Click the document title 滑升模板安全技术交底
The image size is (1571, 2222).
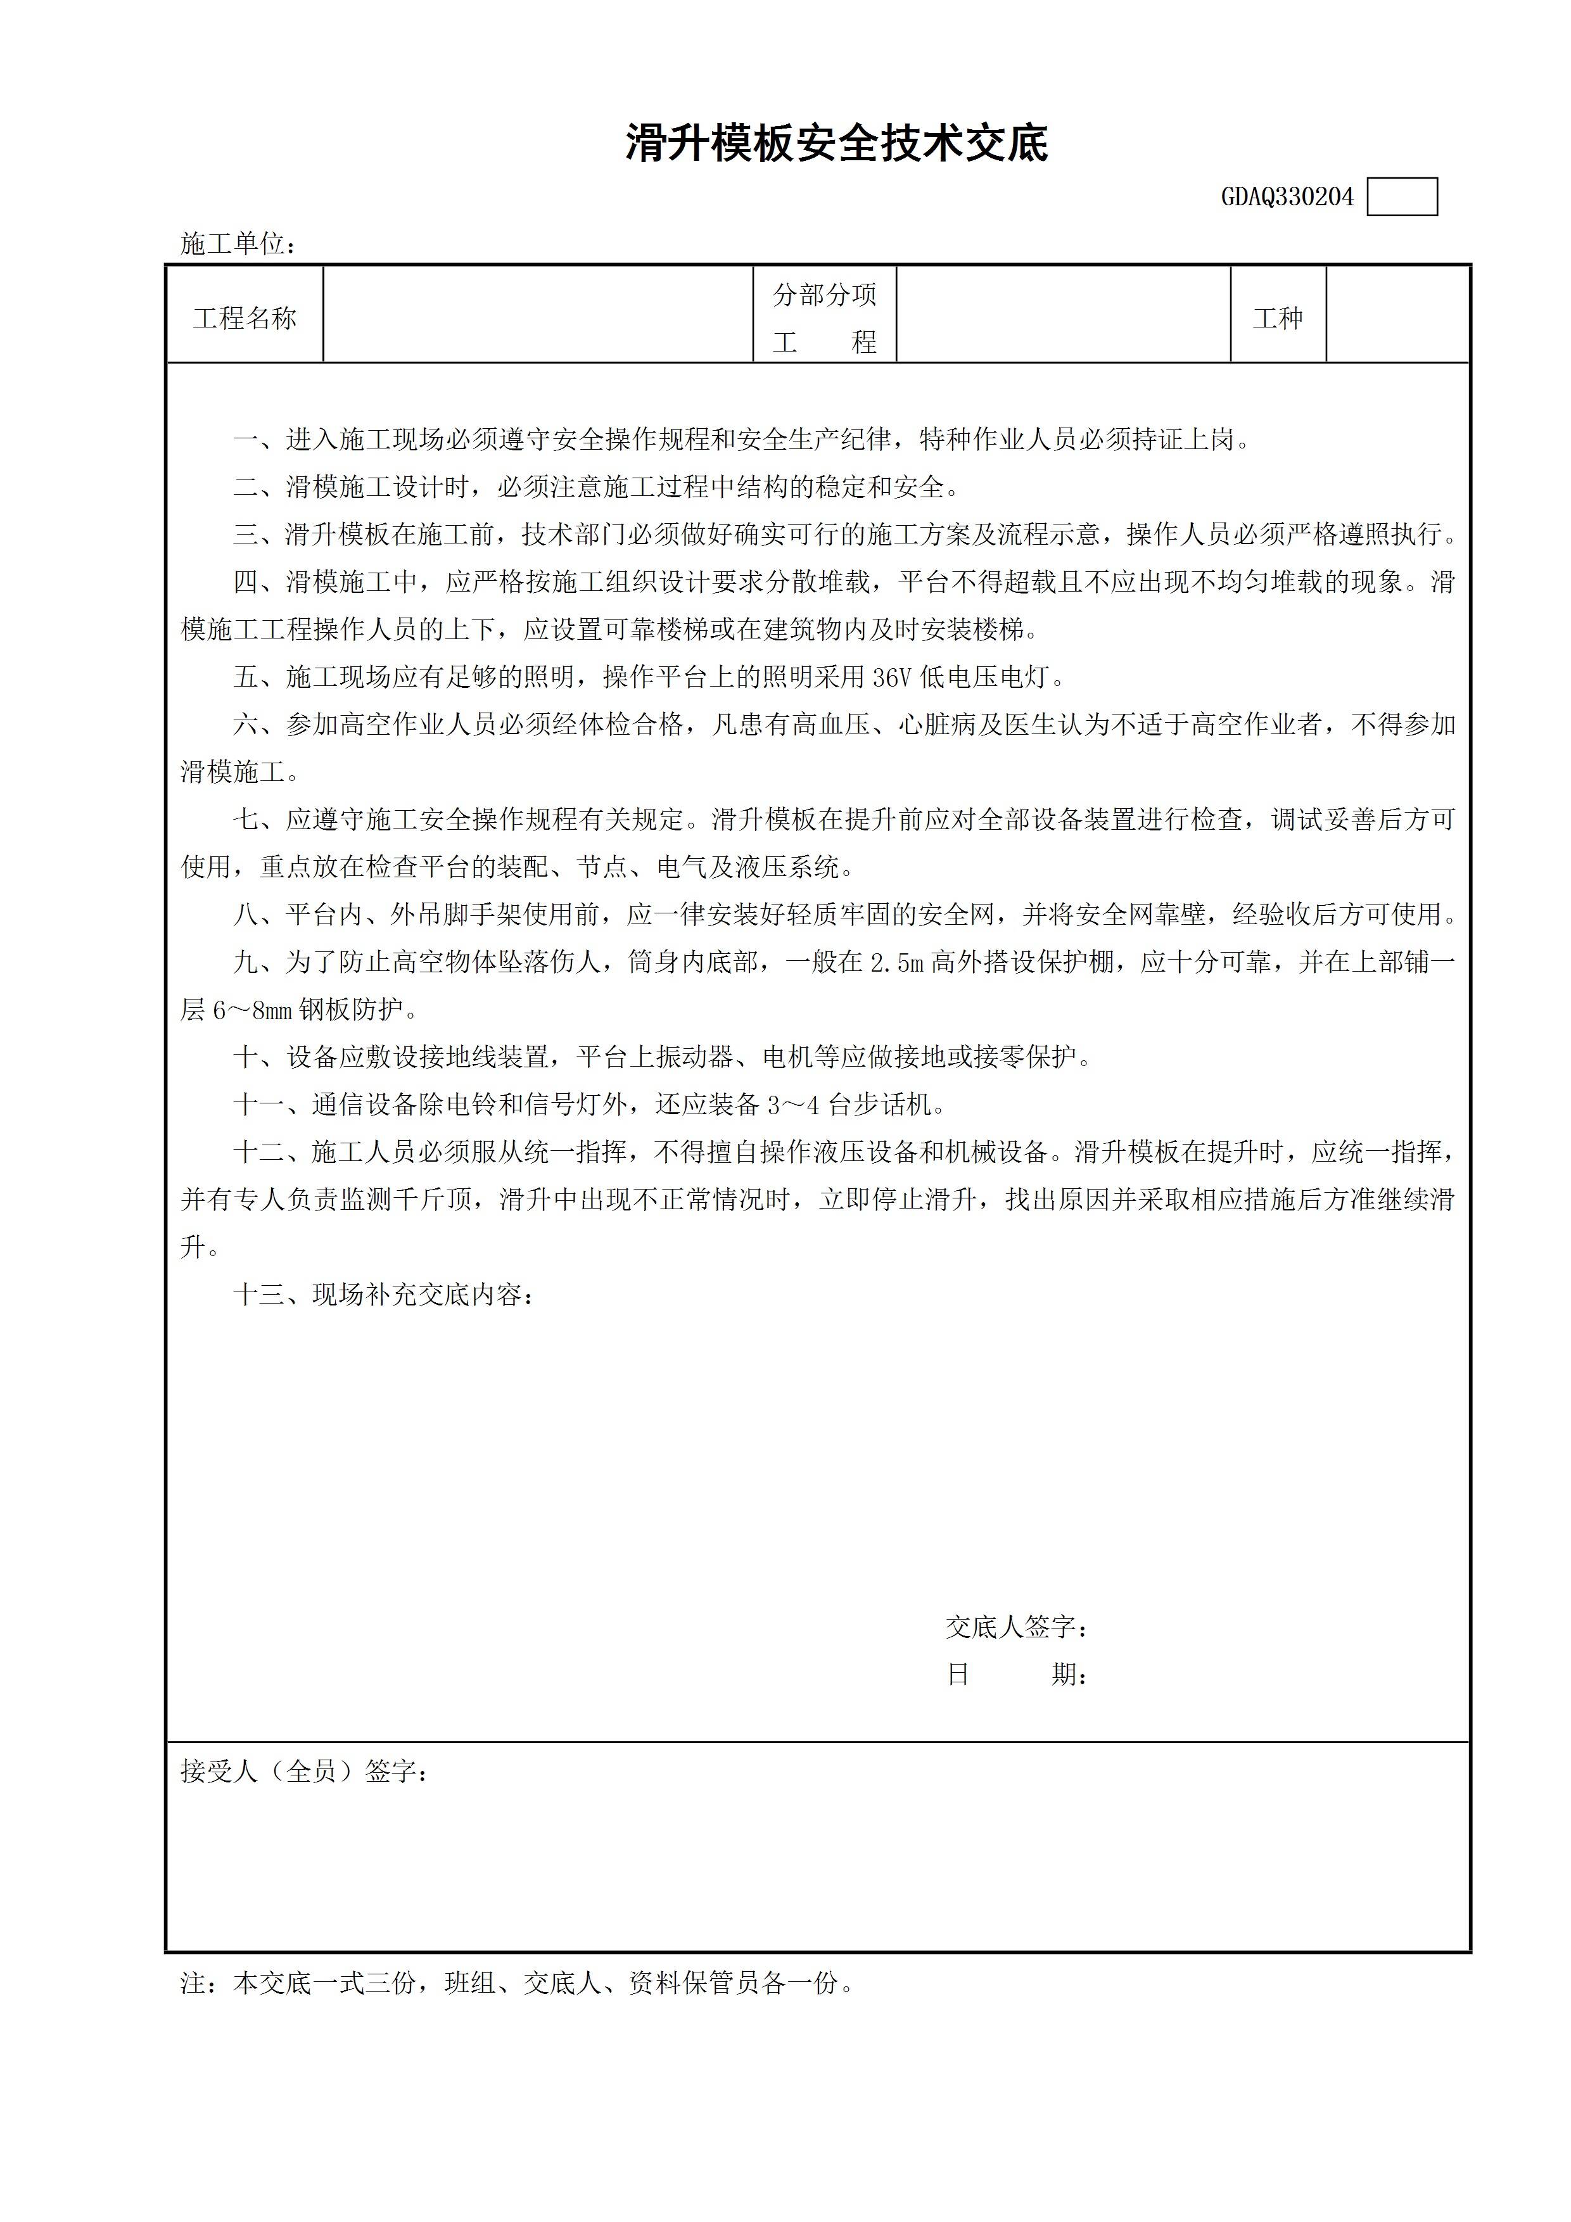click(836, 144)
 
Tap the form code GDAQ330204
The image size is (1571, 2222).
click(1287, 198)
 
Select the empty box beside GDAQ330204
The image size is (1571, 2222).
click(1402, 198)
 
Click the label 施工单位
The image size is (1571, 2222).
click(236, 244)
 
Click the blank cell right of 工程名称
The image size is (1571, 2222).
click(538, 315)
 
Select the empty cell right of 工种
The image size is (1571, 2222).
click(1397, 315)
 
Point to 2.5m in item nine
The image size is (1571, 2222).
click(896, 963)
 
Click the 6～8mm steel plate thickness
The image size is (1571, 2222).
click(251, 1010)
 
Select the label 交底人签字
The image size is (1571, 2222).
click(1015, 1628)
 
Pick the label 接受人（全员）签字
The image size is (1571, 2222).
click(303, 1771)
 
